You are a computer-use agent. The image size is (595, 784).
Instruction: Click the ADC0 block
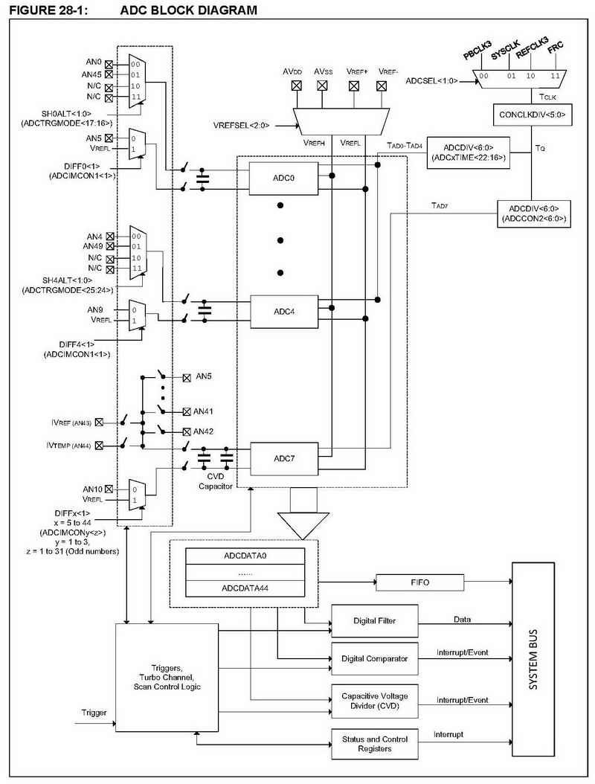[283, 178]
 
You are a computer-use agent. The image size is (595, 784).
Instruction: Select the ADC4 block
[284, 312]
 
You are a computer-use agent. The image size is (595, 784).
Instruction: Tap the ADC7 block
[284, 458]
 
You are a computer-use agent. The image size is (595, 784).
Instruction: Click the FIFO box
[419, 582]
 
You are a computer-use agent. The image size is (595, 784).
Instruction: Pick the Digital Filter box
[375, 621]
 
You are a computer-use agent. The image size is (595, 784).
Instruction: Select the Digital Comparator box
[375, 659]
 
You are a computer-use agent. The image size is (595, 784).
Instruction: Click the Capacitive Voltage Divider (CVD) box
[375, 701]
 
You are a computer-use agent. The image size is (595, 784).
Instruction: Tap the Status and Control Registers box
[375, 744]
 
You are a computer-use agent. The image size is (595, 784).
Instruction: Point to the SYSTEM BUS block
[533, 659]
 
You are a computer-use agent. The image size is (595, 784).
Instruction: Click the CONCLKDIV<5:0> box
[532, 115]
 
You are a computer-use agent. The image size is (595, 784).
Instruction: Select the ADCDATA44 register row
[245, 588]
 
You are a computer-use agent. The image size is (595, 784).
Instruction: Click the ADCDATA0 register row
[245, 556]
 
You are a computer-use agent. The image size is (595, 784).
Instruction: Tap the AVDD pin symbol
[297, 86]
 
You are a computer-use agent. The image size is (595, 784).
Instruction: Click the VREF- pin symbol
[382, 86]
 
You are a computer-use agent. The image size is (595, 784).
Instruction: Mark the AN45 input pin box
[109, 74]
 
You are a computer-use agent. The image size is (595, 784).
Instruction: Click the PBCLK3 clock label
[477, 51]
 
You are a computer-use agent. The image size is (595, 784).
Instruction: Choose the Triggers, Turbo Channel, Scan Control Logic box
[167, 678]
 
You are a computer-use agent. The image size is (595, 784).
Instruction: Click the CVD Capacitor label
[216, 481]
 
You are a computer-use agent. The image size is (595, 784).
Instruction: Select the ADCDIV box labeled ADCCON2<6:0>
[533, 214]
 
